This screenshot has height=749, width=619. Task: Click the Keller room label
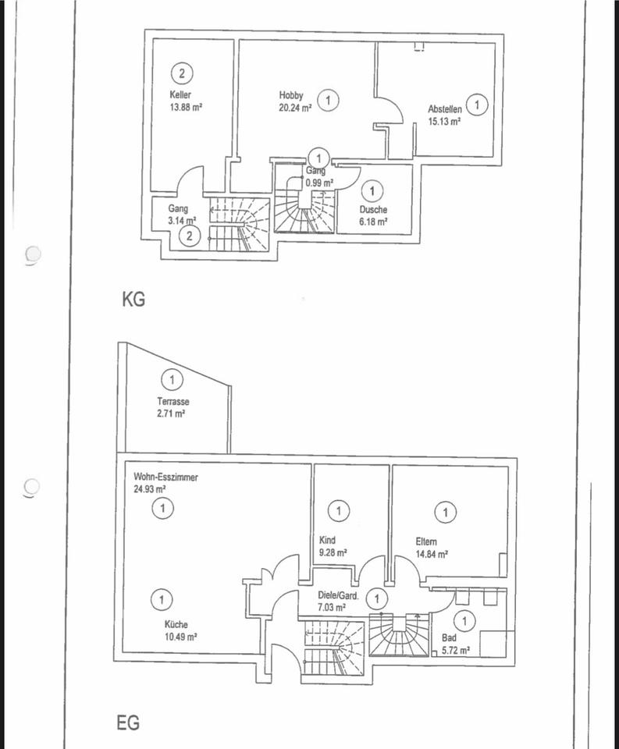180,94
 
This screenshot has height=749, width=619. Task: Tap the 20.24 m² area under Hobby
295,108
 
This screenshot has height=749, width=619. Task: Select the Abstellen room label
444,110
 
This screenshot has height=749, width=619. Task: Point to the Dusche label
373,209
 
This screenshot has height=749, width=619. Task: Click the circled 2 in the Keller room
182,74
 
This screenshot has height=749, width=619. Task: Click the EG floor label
129,723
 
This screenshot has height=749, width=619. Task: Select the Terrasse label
173,402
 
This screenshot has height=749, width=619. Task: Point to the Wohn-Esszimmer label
165,477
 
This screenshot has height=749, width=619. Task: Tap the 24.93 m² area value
150,489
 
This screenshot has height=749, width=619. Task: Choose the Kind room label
328,540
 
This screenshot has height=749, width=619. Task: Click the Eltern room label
426,541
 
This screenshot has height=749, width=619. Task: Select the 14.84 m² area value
431,554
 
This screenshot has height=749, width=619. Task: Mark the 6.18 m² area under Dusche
373,222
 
